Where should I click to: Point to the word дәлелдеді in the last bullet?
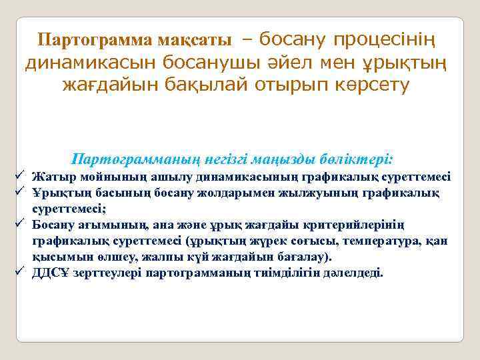[x=357, y=273]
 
